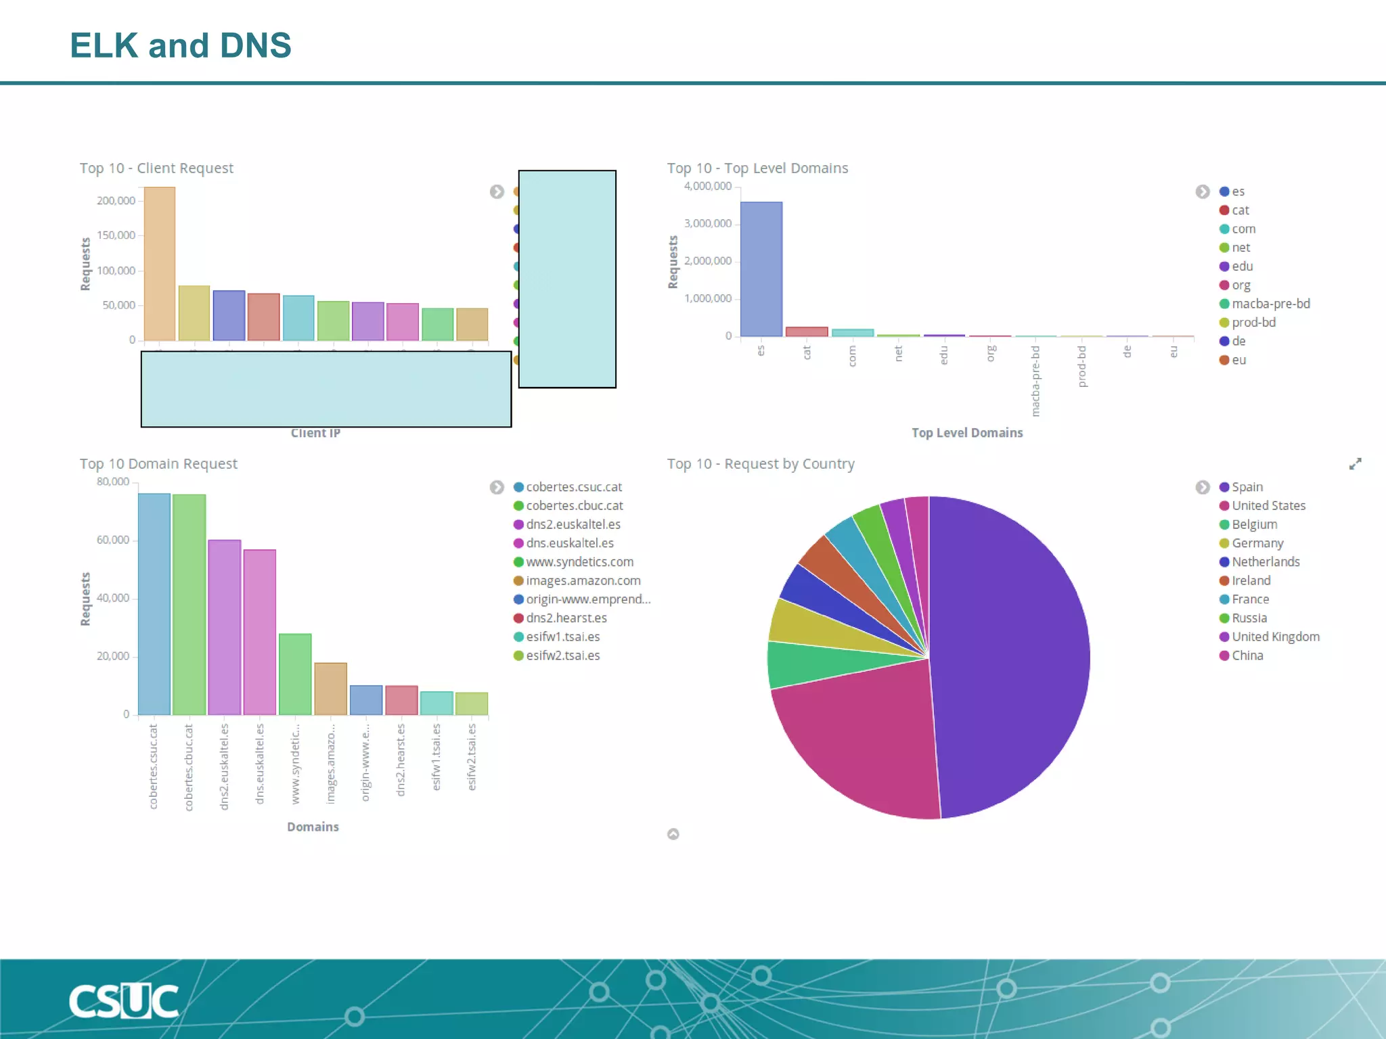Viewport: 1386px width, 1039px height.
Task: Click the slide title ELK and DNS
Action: [x=180, y=45]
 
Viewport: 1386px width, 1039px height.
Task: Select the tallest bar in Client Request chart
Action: [x=160, y=264]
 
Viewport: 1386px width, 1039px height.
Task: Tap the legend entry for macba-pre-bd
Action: [x=1270, y=304]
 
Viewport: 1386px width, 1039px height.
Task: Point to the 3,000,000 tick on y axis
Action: [x=707, y=223]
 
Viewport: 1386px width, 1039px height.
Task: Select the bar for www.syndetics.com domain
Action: [x=295, y=674]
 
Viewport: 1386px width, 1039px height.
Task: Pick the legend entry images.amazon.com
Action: [x=583, y=580]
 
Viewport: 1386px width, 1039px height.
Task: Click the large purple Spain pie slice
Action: [x=1008, y=656]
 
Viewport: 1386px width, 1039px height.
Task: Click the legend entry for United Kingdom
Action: [x=1275, y=637]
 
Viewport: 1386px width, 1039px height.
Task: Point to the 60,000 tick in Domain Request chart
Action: [x=112, y=540]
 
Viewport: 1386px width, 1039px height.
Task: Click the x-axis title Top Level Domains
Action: [x=966, y=433]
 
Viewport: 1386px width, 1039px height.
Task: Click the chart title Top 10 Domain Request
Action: [x=158, y=464]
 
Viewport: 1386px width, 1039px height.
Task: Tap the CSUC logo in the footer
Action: [x=124, y=1001]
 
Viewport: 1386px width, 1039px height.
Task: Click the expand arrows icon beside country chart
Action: [x=1355, y=464]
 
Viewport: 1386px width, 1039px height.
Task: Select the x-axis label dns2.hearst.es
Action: [x=401, y=759]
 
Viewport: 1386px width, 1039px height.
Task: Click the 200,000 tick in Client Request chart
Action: [x=116, y=201]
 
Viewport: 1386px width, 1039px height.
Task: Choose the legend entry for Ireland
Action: [x=1251, y=580]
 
